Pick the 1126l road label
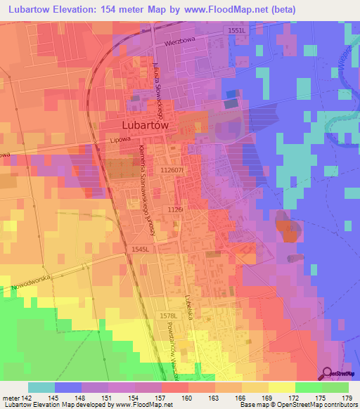[175, 209]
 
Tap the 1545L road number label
[141, 249]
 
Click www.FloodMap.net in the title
[226, 9]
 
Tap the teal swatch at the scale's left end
[41, 387]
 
